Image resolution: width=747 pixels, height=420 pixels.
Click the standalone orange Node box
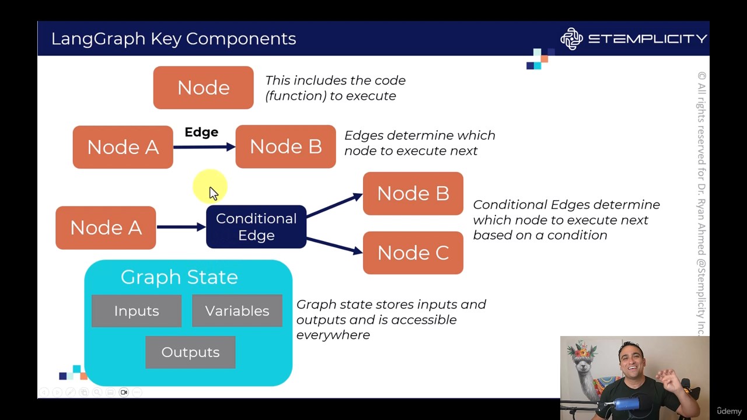(x=203, y=87)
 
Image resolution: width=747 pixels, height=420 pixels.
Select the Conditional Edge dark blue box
(x=256, y=227)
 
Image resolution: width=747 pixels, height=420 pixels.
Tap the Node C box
(x=413, y=253)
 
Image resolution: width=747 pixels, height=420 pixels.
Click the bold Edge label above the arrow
(x=201, y=132)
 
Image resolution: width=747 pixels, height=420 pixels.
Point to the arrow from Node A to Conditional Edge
(x=181, y=227)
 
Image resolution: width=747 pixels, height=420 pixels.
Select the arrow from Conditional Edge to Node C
(x=334, y=246)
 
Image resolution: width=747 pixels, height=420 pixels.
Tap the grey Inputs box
(x=137, y=311)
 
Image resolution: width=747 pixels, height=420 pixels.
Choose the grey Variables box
(x=237, y=311)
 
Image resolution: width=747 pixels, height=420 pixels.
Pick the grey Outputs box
(x=190, y=352)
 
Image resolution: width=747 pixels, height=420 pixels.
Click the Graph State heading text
(x=179, y=277)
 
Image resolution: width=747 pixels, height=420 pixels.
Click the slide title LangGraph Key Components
(x=173, y=38)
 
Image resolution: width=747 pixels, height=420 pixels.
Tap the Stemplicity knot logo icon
(x=571, y=38)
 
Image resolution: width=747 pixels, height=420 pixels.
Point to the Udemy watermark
(x=729, y=411)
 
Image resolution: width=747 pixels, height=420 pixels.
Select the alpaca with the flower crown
(x=585, y=367)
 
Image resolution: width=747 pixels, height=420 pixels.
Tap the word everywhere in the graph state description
(x=333, y=335)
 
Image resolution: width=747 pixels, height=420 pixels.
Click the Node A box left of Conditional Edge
(x=106, y=228)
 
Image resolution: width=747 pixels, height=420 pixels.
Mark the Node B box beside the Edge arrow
(x=285, y=147)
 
